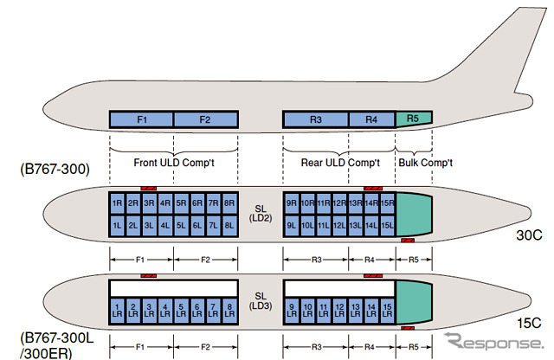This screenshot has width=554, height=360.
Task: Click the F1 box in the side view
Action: [x=142, y=119]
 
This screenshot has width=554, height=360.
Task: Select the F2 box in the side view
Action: [x=206, y=119]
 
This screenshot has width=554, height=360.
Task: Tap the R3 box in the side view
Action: [x=316, y=119]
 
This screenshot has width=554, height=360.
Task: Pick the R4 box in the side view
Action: [x=371, y=119]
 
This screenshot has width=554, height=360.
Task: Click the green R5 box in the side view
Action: [x=413, y=119]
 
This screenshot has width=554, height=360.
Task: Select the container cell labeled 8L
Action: [x=229, y=225]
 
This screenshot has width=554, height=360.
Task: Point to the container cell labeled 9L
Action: [x=292, y=225]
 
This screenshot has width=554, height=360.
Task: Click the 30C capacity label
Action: [x=529, y=234]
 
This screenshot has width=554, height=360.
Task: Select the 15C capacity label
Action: [x=529, y=325]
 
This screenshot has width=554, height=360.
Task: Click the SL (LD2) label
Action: [x=261, y=213]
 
